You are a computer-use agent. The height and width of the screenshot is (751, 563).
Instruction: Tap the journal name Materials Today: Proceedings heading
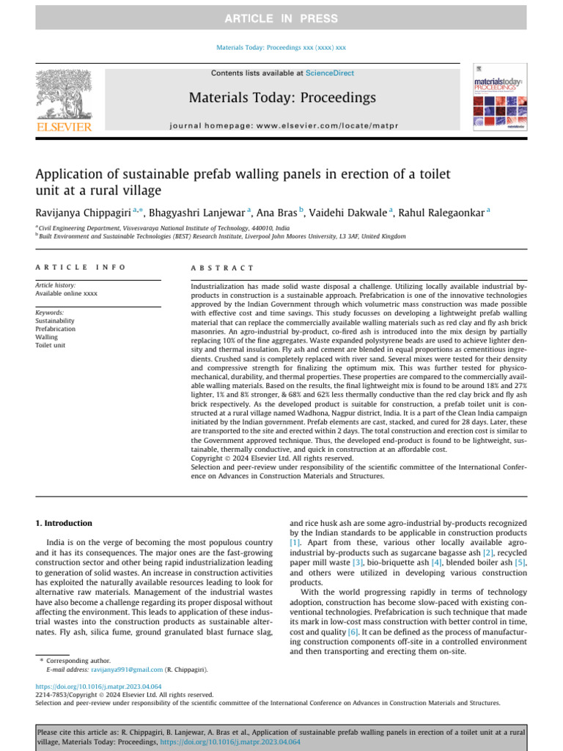pyautogui.click(x=282, y=98)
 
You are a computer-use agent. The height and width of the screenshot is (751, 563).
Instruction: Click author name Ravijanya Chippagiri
pyautogui.click(x=82, y=213)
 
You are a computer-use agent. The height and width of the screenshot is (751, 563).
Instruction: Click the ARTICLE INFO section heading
pyautogui.click(x=81, y=268)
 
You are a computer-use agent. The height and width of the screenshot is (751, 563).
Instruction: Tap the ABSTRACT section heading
pyautogui.click(x=222, y=268)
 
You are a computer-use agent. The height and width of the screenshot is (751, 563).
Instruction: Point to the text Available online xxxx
pyautogui.click(x=67, y=293)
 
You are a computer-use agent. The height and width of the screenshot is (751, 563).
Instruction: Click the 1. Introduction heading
pyautogui.click(x=65, y=523)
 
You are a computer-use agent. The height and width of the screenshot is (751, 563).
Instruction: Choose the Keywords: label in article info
pyautogui.click(x=50, y=312)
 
